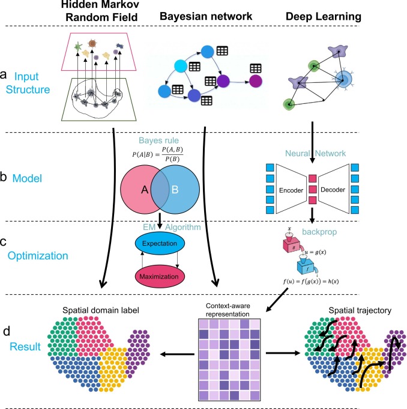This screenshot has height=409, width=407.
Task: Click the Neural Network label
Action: pyautogui.click(x=313, y=152)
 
